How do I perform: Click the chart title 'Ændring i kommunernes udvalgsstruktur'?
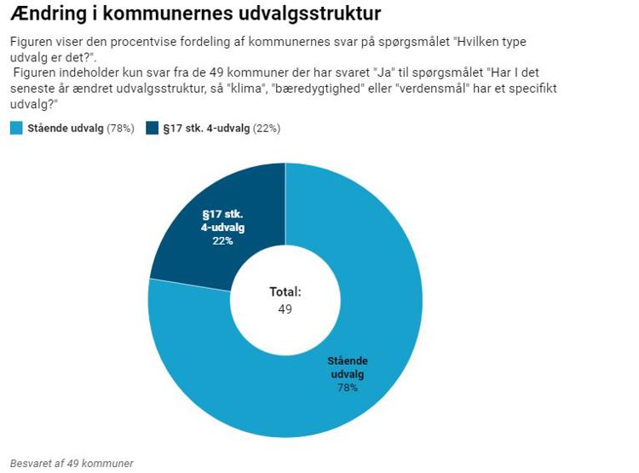pyautogui.click(x=195, y=14)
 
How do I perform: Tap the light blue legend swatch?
pyautogui.click(x=16, y=129)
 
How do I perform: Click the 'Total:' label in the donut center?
pyautogui.click(x=285, y=292)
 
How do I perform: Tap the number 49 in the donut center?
pyautogui.click(x=285, y=309)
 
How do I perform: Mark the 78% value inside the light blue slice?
pyautogui.click(x=347, y=388)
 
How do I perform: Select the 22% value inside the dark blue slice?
pyautogui.click(x=222, y=241)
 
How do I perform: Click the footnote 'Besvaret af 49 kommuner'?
pyautogui.click(x=72, y=464)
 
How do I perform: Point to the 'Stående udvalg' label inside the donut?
pyautogui.click(x=347, y=367)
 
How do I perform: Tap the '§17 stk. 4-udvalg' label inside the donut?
pyautogui.click(x=222, y=221)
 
